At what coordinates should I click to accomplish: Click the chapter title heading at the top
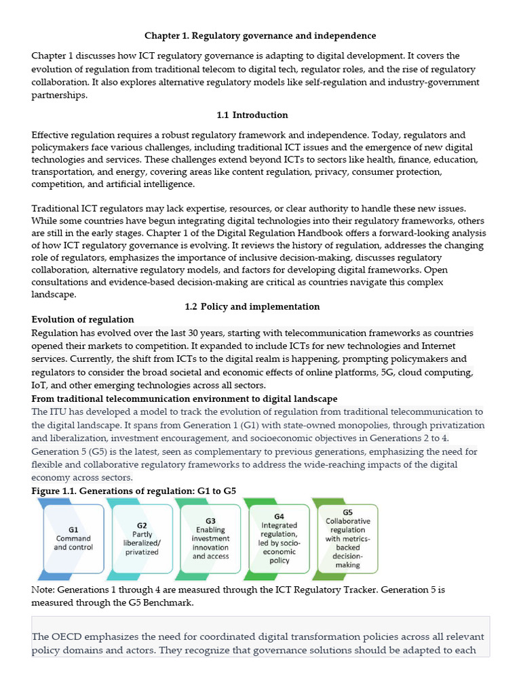point(260,35)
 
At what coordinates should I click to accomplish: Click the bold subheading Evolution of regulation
point(83,319)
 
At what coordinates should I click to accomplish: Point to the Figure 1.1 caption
point(134,491)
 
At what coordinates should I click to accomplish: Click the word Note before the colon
point(43,590)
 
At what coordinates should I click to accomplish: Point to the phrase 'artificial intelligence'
point(147,184)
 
